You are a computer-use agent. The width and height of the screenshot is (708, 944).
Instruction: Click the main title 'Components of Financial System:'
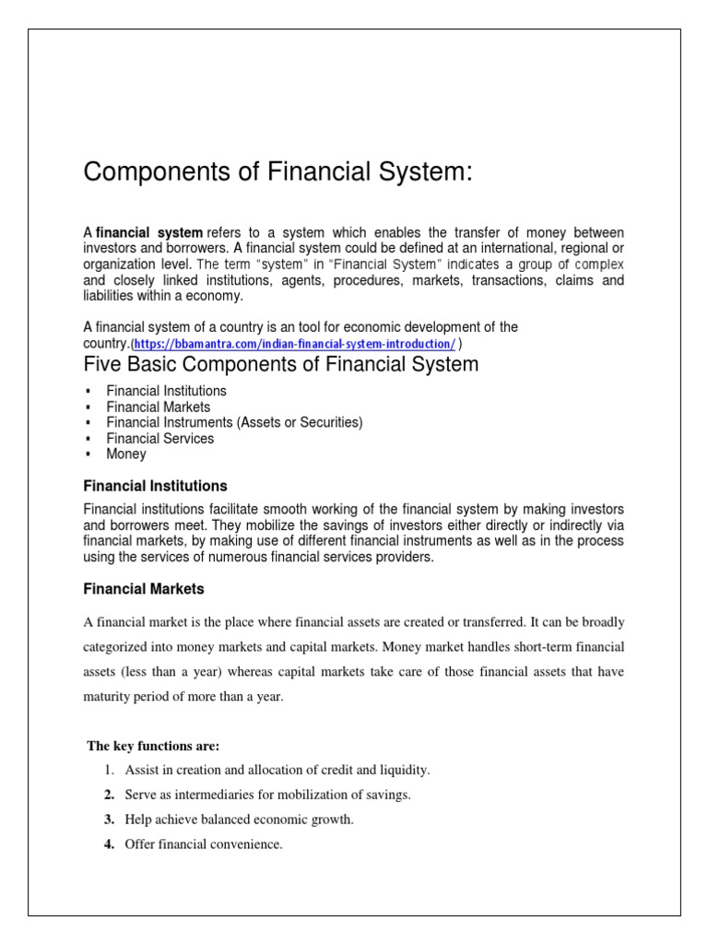click(277, 172)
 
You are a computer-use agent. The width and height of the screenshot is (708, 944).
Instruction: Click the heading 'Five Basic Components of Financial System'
click(281, 364)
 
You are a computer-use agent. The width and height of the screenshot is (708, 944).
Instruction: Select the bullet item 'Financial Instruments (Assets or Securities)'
click(234, 422)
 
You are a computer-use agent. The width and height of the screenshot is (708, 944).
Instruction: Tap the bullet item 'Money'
click(125, 454)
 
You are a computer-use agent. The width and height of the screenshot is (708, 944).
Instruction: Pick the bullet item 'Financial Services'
click(159, 438)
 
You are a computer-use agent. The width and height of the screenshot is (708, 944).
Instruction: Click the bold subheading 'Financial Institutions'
click(155, 485)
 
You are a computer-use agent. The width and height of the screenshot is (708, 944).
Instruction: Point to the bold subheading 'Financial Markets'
click(144, 588)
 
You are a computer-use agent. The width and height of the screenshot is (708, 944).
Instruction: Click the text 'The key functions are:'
click(153, 745)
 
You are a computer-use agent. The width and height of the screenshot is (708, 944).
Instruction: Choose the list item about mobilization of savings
click(267, 794)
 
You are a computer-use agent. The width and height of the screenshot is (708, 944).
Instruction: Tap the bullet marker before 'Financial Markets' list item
click(88, 407)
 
